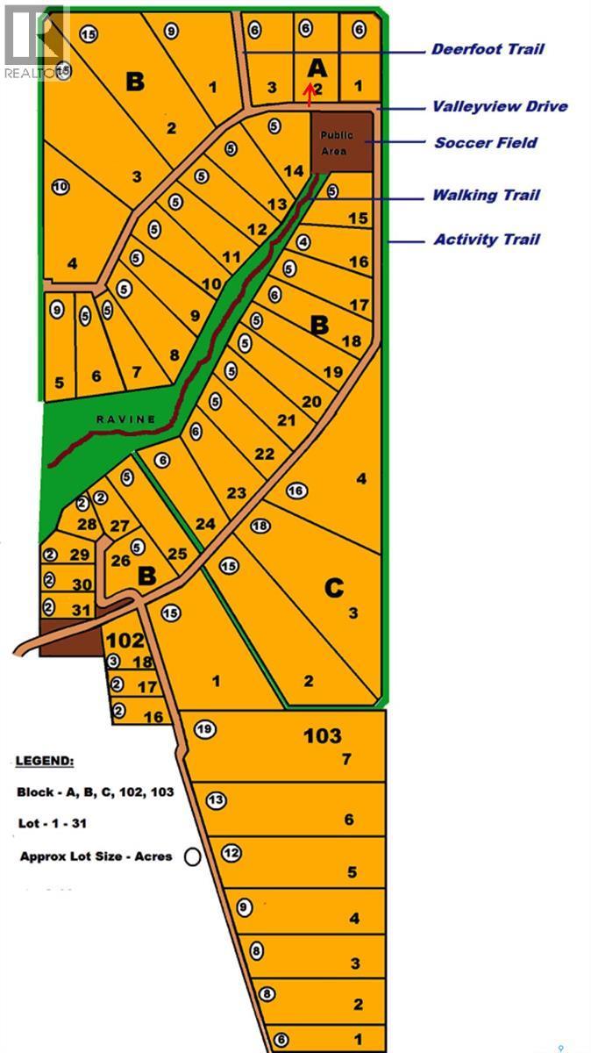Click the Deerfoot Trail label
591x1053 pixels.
pos(488,49)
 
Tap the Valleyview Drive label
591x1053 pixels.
pos(499,106)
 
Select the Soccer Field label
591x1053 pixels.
pos(486,142)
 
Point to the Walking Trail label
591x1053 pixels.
pos(486,195)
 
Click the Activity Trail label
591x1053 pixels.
pos(487,239)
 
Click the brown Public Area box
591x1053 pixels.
pos(341,141)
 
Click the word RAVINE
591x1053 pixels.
pos(126,419)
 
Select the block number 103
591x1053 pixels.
pos(323,734)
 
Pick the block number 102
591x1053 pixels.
pos(124,640)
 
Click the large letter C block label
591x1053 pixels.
pos(333,587)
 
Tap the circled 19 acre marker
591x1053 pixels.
pos(204,728)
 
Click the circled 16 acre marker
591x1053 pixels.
pos(295,491)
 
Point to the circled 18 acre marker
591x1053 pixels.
pos(260,526)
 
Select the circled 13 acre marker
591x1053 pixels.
pos(216,799)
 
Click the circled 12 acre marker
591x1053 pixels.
pos(231,852)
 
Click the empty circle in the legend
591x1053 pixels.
pos(192,856)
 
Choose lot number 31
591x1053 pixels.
pos(81,610)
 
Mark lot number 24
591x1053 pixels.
pos(205,524)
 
